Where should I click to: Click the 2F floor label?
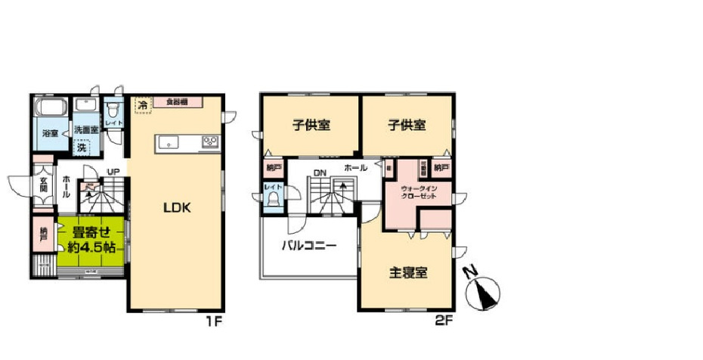click(x=444, y=321)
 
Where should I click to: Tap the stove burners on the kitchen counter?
click(x=209, y=141)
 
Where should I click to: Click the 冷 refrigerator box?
click(x=141, y=105)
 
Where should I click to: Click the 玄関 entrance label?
click(x=45, y=185)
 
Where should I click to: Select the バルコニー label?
click(x=309, y=245)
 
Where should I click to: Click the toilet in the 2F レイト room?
click(x=272, y=199)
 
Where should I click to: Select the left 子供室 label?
click(x=311, y=125)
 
